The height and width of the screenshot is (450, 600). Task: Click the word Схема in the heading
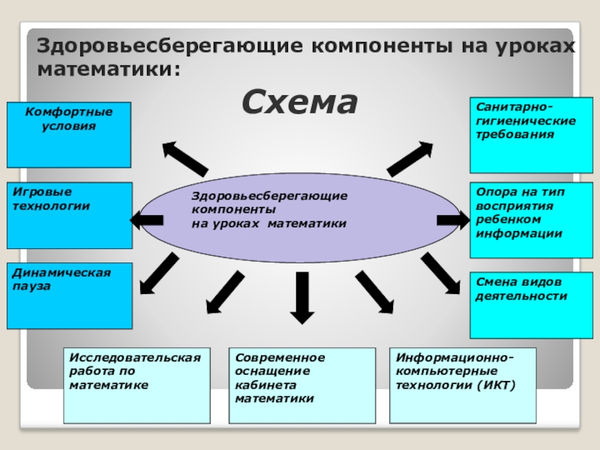[299, 102]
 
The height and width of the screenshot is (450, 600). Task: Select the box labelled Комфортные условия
[69, 135]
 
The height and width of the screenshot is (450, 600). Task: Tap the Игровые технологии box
[69, 215]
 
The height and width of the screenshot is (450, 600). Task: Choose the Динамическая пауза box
[69, 295]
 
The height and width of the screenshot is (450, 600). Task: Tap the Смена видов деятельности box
[531, 305]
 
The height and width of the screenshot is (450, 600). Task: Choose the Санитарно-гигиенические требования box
[531, 135]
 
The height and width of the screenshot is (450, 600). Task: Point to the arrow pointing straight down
[302, 296]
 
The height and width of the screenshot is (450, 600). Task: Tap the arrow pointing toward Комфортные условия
[184, 158]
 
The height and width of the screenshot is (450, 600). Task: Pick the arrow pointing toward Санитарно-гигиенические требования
[409, 158]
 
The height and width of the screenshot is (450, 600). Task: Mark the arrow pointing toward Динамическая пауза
[160, 273]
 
